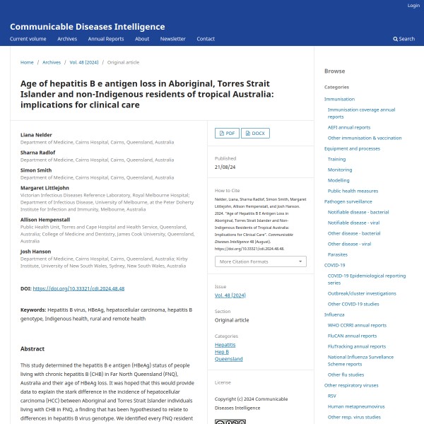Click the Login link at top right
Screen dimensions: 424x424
(413, 6)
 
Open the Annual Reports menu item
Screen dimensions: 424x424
(105, 39)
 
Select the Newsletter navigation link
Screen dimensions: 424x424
(172, 39)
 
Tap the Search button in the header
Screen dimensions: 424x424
(404, 39)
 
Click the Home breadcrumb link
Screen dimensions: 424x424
(27, 62)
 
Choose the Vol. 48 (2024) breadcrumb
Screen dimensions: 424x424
(83, 62)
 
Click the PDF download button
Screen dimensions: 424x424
(226, 133)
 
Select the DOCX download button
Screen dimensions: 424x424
(255, 133)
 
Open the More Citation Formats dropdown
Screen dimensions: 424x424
(260, 261)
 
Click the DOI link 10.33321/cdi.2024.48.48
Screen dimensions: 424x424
(78, 289)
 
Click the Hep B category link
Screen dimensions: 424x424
(222, 351)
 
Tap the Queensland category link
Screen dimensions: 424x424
(228, 358)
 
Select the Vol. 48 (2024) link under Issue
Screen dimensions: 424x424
(230, 294)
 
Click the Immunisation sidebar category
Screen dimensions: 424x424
(339, 99)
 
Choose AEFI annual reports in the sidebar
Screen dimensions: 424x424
(348, 127)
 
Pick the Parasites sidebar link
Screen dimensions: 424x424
(337, 254)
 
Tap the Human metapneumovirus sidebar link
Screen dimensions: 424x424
(356, 406)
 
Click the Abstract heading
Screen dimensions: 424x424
(33, 349)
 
